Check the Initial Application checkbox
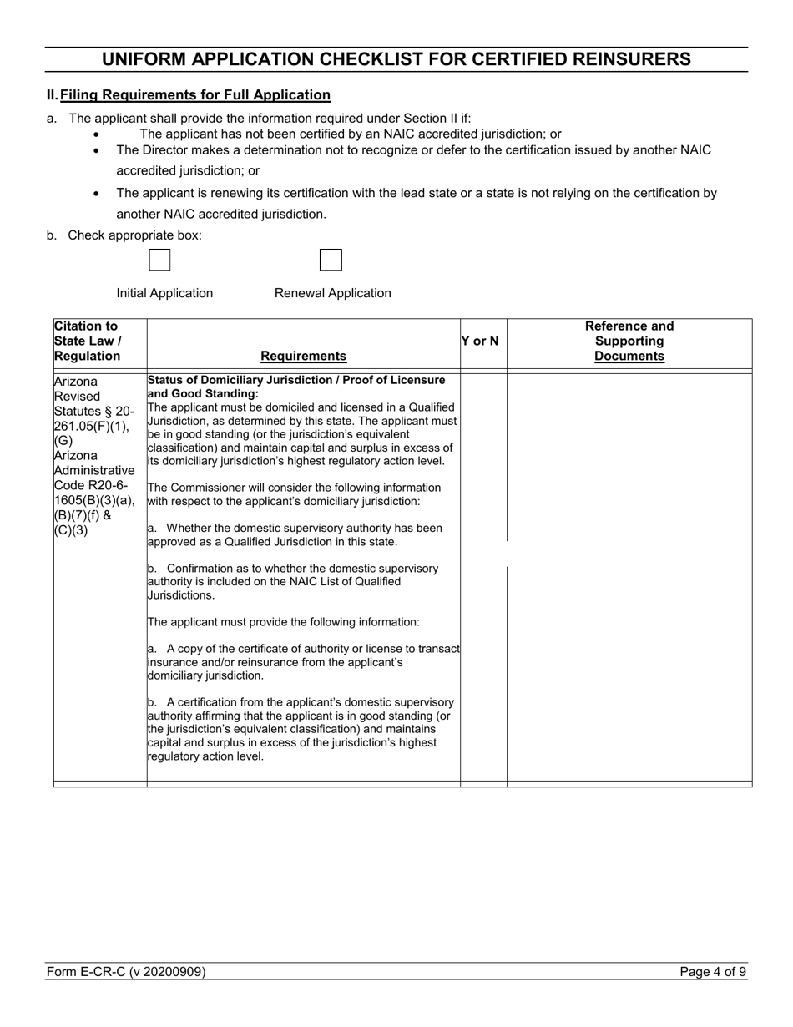[x=159, y=261]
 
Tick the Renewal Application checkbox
[x=331, y=261]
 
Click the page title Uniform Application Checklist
[x=396, y=59]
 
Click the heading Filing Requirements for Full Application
[x=195, y=95]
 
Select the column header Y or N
[x=480, y=341]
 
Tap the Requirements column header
[x=303, y=357]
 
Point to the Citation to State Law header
[x=88, y=341]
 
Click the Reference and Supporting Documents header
[x=629, y=341]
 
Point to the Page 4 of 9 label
[x=713, y=972]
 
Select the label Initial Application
[x=164, y=293]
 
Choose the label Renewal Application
[x=332, y=293]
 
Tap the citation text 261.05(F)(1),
[x=93, y=427]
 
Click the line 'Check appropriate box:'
[x=134, y=235]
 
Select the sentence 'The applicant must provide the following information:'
[x=284, y=622]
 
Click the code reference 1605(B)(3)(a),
[x=93, y=500]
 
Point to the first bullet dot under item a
[x=98, y=134]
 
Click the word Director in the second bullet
[x=164, y=150]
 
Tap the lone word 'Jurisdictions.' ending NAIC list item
[x=181, y=595]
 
